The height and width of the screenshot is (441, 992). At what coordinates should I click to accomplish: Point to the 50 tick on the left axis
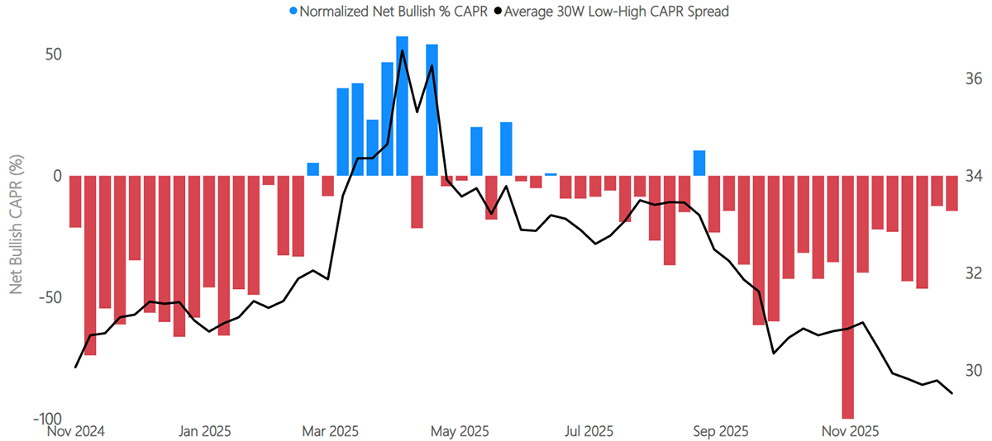pyautogui.click(x=53, y=55)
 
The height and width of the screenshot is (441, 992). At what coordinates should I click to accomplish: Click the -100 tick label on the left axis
pyautogui.click(x=47, y=419)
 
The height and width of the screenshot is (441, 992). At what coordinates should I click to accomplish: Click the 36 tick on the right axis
pyautogui.click(x=972, y=79)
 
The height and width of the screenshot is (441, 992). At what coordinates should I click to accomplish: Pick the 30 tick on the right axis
pyautogui.click(x=972, y=370)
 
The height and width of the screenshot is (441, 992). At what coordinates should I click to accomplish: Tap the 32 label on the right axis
pyautogui.click(x=972, y=273)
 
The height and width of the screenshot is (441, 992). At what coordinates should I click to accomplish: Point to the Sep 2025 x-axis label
pyautogui.click(x=721, y=431)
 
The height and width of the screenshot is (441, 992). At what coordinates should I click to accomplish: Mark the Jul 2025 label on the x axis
pyautogui.click(x=589, y=431)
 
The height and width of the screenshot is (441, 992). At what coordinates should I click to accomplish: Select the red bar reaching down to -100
pyautogui.click(x=848, y=297)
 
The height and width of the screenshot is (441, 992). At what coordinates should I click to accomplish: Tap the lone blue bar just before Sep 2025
pyautogui.click(x=699, y=164)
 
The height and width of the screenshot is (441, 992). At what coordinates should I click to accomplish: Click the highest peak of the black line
pyautogui.click(x=402, y=50)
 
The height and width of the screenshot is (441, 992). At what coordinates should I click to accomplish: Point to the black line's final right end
pyautogui.click(x=952, y=393)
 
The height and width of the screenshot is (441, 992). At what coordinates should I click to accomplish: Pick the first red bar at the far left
pyautogui.click(x=75, y=202)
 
